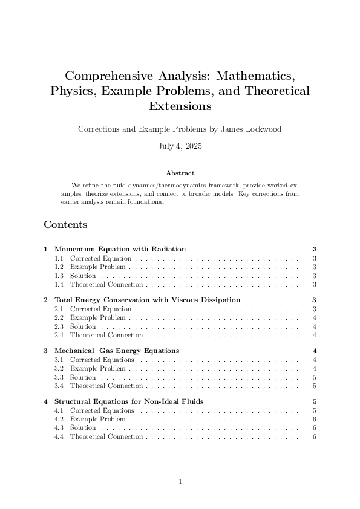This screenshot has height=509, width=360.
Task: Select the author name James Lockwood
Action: pos(249,129)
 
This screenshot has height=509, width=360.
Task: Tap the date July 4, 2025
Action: pos(180,146)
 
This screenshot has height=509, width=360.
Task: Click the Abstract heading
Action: pos(180,173)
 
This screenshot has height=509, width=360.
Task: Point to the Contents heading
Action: pos(65,225)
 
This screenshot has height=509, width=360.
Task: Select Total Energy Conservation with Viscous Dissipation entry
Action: pos(147,300)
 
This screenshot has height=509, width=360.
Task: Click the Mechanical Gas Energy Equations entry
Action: pos(117,351)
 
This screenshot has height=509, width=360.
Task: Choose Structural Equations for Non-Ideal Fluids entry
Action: pos(129,401)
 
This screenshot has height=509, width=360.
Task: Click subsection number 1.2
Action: pos(59,267)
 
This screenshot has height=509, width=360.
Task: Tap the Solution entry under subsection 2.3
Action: pos(83,326)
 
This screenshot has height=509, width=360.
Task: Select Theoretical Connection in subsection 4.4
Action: pos(106,437)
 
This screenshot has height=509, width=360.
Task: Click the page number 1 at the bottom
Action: pos(180,482)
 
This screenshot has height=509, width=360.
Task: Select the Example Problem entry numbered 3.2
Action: pos(98,368)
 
